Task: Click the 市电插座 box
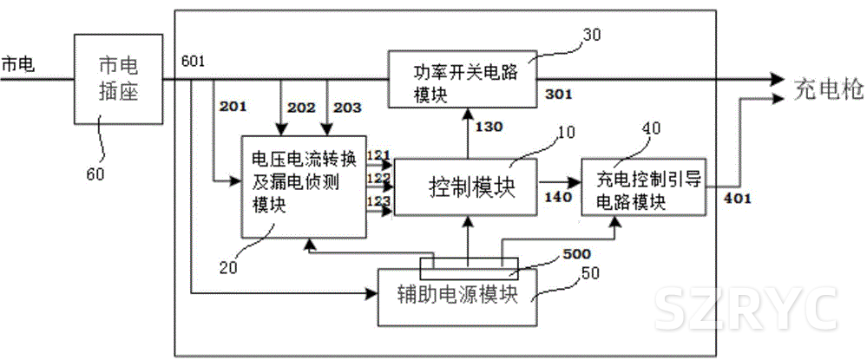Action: click(x=118, y=78)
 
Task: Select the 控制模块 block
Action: click(x=467, y=187)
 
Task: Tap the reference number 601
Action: click(x=194, y=61)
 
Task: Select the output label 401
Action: click(x=738, y=198)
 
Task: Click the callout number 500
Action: click(x=576, y=254)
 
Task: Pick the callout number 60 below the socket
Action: click(x=95, y=173)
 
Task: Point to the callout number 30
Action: click(x=589, y=34)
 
